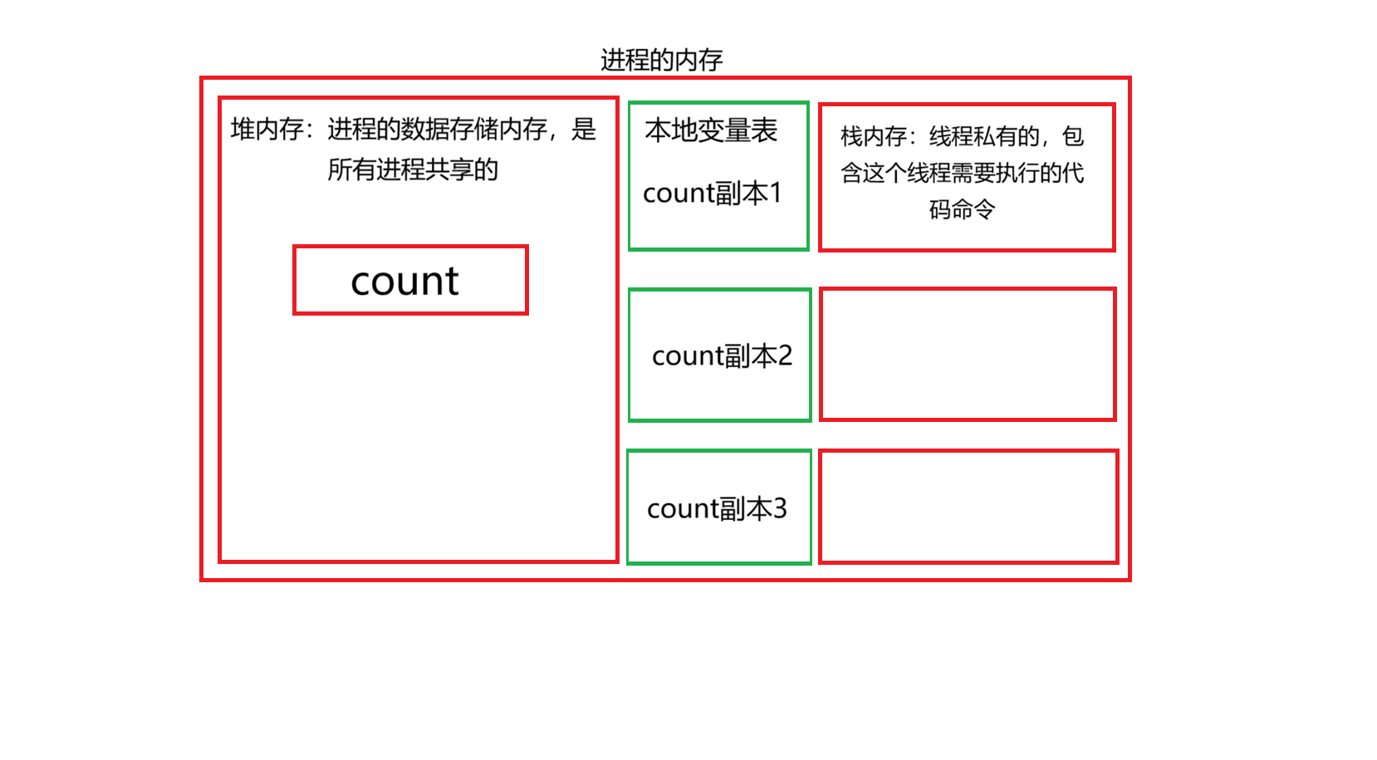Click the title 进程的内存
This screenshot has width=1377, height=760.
(x=661, y=60)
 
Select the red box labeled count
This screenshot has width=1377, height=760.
(x=410, y=280)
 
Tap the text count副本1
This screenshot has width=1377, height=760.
(x=712, y=193)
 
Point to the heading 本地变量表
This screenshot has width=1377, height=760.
(x=711, y=130)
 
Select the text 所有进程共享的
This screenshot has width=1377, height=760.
(x=413, y=169)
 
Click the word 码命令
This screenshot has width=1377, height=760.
(x=962, y=209)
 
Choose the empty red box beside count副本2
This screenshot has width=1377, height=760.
(x=968, y=355)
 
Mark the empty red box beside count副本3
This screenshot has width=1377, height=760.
(x=968, y=507)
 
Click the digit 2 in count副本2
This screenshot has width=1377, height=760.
(x=785, y=355)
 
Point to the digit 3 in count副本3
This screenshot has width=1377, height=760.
(x=779, y=508)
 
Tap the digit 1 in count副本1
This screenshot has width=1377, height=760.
(x=776, y=193)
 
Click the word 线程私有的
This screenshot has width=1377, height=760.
(x=984, y=136)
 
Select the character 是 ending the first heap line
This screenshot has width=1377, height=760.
(x=584, y=129)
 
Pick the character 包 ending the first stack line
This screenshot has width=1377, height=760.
(x=1073, y=136)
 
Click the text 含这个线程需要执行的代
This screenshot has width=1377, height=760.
(x=963, y=173)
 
